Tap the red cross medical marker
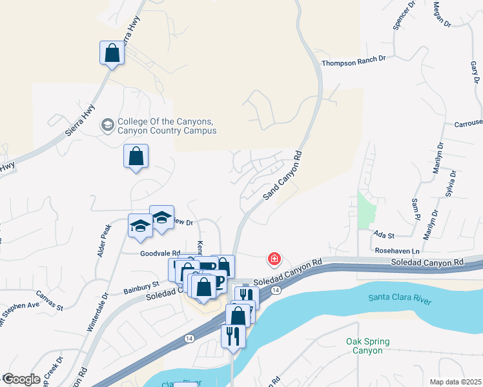(x=274, y=259)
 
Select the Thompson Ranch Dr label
(x=353, y=59)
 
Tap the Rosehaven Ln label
(x=397, y=250)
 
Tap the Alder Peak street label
(x=105, y=241)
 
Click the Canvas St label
(x=49, y=299)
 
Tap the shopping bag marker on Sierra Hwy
(x=112, y=54)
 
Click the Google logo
(x=21, y=379)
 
